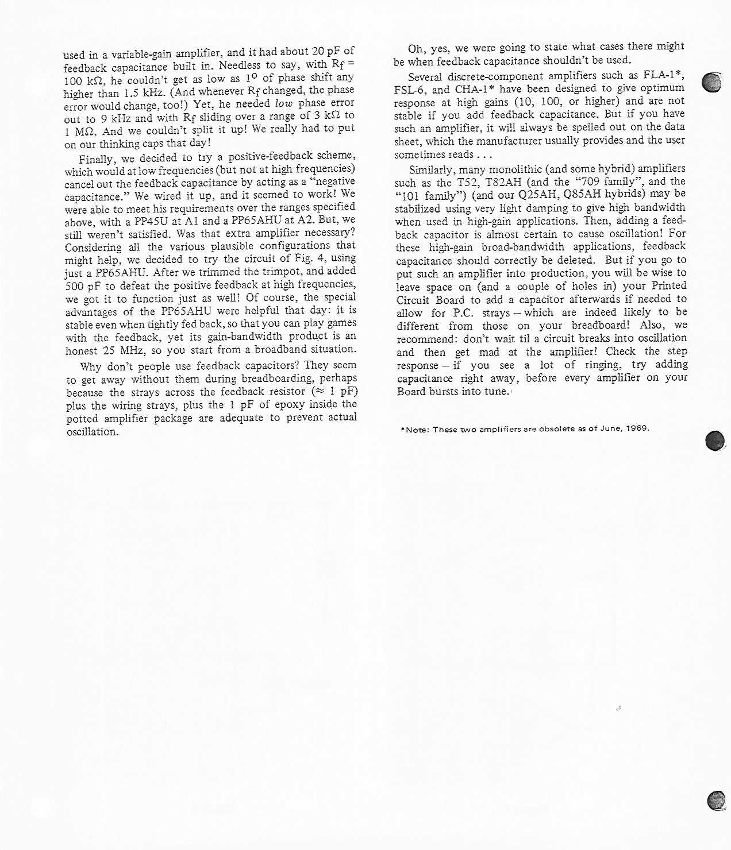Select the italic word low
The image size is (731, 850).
[x=284, y=103]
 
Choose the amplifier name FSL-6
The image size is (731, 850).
[x=410, y=90]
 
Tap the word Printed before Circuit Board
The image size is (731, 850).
[x=668, y=285]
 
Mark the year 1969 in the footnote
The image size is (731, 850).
[x=637, y=428]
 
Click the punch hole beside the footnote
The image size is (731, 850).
[x=714, y=441]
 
